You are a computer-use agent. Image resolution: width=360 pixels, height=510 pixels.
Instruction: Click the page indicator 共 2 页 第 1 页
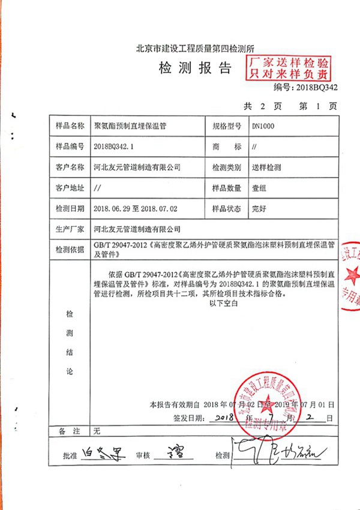[x=290, y=106]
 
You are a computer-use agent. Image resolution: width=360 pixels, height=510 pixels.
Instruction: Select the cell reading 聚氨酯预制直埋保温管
[x=130, y=127]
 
